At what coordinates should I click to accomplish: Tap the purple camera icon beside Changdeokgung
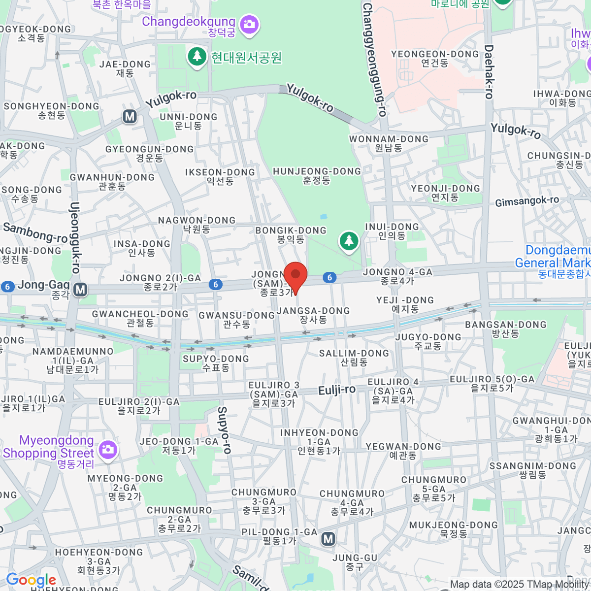click(x=249, y=23)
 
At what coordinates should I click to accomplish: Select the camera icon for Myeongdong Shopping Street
click(x=107, y=449)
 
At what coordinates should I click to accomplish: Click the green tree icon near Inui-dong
click(x=349, y=241)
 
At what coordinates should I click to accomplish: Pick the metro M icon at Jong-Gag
click(x=80, y=290)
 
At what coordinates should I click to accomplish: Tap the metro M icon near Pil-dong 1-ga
click(x=328, y=539)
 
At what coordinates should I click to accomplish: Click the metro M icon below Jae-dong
click(x=130, y=116)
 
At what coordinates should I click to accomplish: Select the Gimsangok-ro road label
click(x=527, y=201)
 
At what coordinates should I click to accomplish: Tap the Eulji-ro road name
click(x=337, y=390)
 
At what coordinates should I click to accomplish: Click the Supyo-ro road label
click(x=224, y=429)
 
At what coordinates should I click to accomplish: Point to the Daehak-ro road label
click(x=489, y=72)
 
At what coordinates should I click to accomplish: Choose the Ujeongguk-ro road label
click(x=75, y=237)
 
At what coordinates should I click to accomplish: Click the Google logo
click(x=31, y=580)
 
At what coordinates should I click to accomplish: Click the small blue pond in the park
click(x=324, y=217)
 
